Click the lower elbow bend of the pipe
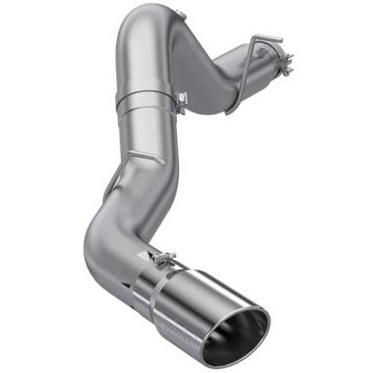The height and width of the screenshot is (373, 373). coord(101,243)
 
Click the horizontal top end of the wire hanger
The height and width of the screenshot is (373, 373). coord(268,39)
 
